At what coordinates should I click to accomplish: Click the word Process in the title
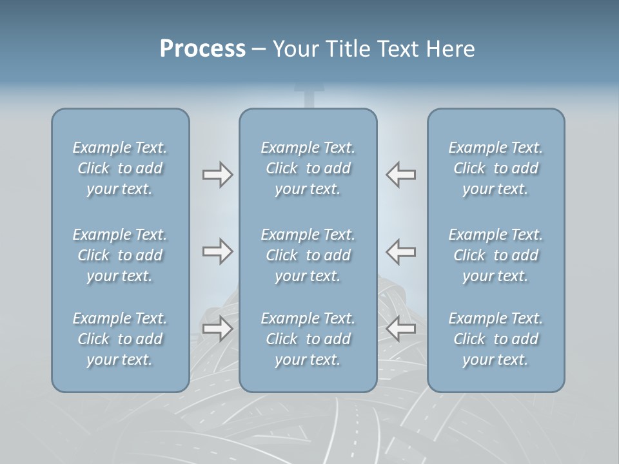[x=202, y=49]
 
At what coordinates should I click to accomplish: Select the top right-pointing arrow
[x=217, y=175]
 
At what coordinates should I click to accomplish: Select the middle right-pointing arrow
[x=217, y=251]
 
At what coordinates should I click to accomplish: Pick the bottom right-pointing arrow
[x=217, y=329]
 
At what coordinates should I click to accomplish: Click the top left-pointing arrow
[x=400, y=175]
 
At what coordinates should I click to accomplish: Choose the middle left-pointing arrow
[x=400, y=251]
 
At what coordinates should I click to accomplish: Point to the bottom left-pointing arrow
[x=400, y=329]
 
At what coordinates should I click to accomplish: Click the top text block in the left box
[x=120, y=168]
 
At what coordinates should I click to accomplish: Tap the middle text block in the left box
[x=120, y=255]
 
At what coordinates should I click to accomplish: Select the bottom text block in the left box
[x=120, y=339]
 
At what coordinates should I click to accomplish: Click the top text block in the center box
[x=308, y=168]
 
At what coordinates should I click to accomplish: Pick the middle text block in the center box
[x=308, y=255]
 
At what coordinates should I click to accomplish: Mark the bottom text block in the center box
[x=308, y=339]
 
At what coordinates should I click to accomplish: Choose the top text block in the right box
[x=496, y=168]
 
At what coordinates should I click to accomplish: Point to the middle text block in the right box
[x=496, y=255]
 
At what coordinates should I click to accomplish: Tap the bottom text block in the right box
[x=496, y=339]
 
